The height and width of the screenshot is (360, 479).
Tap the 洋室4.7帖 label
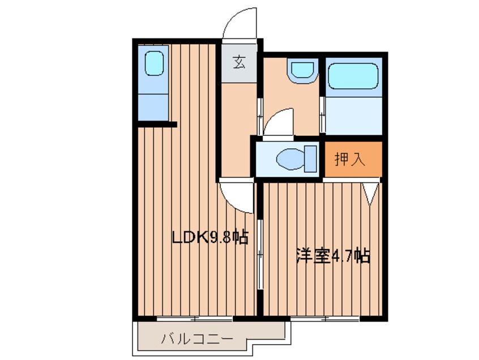tap(333, 256)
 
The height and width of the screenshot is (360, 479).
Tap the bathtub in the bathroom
tap(353, 77)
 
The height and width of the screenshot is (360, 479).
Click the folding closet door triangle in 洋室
tap(371, 192)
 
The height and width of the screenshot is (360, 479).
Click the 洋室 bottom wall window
tap(326, 319)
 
